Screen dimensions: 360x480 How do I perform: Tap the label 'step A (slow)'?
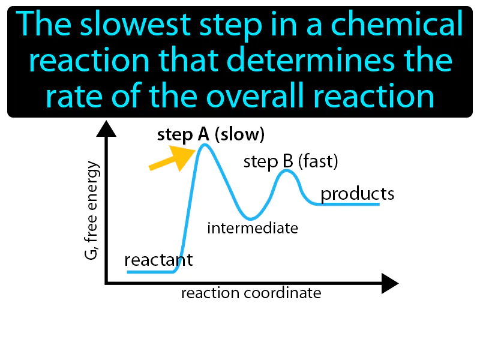pos(211,135)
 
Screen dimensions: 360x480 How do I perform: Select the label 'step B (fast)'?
pos(290,161)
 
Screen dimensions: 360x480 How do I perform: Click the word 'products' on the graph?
pos(357,194)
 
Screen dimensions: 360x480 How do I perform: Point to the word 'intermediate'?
pos(252,228)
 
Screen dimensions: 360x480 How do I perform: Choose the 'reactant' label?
pos(158,260)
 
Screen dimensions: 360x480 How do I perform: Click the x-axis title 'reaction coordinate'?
pos(251,293)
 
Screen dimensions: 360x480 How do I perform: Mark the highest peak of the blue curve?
pos(205,145)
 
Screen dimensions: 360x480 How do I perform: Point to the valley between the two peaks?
pos(250,218)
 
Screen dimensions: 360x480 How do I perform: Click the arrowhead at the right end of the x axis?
pos(389,283)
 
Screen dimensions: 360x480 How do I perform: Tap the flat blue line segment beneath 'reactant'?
pos(150,272)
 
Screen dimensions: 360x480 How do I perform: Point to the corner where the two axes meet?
pos(107,282)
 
